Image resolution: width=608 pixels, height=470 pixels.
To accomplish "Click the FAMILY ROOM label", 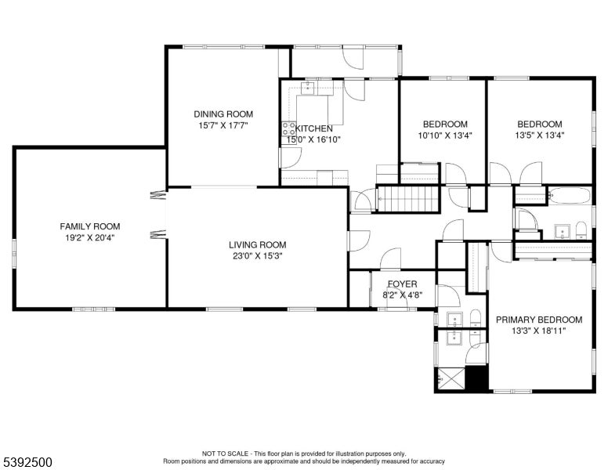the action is pos(90,226).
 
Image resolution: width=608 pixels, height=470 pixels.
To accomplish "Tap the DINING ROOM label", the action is pos(223,114).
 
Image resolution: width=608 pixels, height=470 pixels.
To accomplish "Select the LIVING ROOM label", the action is pos(258,244).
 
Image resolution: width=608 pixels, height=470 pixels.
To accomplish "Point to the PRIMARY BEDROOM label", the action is pos(539,320).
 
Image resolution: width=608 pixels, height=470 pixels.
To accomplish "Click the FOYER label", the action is pos(403,284).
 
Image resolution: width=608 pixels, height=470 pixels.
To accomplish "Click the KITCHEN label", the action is pos(314,128).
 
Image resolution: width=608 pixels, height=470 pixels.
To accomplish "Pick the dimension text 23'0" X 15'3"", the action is pos(258,256).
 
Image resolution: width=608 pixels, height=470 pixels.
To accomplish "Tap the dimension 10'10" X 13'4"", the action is pos(445,136).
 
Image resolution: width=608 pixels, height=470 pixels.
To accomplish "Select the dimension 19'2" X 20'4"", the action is pos(90,237).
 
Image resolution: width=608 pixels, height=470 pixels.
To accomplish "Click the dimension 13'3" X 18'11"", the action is pos(539,331).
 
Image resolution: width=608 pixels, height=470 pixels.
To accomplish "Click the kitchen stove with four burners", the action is pos(288,128).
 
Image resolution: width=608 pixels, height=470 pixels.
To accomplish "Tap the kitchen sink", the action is pos(308,89).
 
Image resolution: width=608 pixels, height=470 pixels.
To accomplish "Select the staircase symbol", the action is pos(408,199).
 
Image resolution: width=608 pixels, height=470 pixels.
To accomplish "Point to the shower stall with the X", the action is pos(451,378).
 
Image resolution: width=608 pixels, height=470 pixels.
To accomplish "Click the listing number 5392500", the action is pos(27,462).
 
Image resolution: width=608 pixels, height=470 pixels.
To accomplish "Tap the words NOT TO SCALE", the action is pos(225,454).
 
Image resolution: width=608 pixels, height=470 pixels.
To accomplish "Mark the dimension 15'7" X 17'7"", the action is pos(223,125).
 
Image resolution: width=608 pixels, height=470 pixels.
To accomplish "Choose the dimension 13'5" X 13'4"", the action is pos(540,136).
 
